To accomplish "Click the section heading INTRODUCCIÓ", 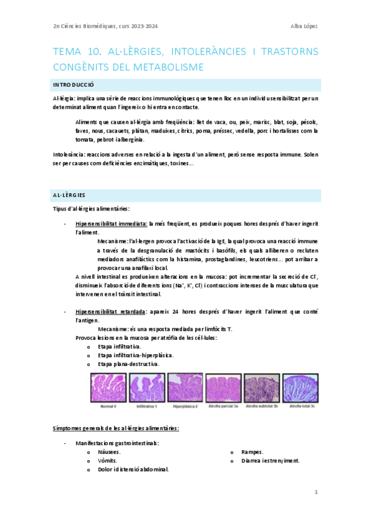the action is click(x=74, y=85).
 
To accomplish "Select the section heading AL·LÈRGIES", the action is click(x=69, y=196).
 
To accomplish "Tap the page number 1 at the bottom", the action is click(x=315, y=492).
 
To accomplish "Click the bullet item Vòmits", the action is click(x=108, y=461).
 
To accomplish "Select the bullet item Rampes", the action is click(x=252, y=453).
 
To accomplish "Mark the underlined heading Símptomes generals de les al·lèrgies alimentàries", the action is click(x=116, y=428).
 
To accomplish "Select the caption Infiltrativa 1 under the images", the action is click(x=147, y=407).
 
